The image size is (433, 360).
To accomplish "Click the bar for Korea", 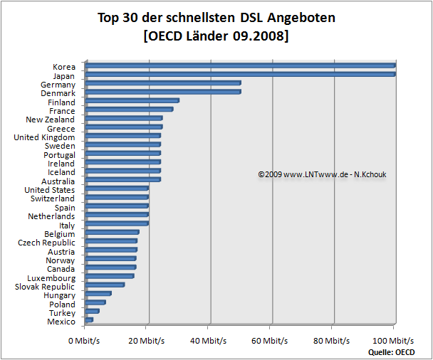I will pyautogui.click(x=239, y=65).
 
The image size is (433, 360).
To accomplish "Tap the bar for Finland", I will pyautogui.click(x=132, y=100).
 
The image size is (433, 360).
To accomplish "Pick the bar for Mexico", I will pyautogui.click(x=89, y=320).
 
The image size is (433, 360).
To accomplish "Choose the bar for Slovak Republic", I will pyautogui.click(x=105, y=285).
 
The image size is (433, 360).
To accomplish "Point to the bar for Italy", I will pyautogui.click(x=117, y=223).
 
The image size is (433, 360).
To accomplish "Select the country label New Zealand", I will pyautogui.click(x=50, y=120).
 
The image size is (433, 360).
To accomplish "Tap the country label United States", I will pyautogui.click(x=49, y=190).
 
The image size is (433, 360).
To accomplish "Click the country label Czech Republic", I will pyautogui.click(x=46, y=243).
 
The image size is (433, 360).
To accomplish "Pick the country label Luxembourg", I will pyautogui.click(x=51, y=278).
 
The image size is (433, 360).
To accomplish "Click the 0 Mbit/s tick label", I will pyautogui.click(x=84, y=341).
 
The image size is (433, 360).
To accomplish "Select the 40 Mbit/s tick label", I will pyautogui.click(x=209, y=341).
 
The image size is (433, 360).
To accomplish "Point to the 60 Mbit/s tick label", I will pyautogui.click(x=271, y=341).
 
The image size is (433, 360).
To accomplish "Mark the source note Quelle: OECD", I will pyautogui.click(x=392, y=351).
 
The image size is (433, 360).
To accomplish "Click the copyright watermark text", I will pyautogui.click(x=319, y=174).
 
